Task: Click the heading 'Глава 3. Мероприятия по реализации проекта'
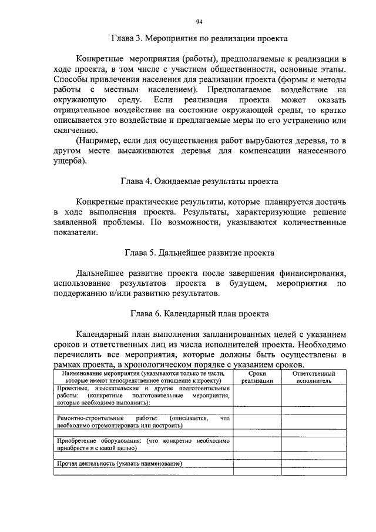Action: point(199,39)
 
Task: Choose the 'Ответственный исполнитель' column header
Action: point(314,377)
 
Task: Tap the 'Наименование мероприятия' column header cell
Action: point(143,377)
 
